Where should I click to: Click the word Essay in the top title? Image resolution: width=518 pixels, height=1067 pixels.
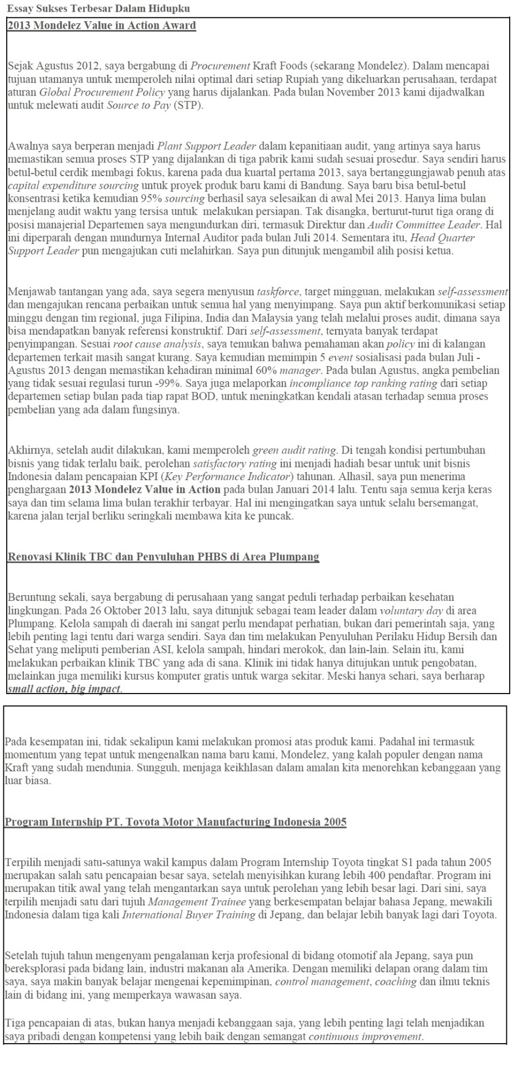(18, 8)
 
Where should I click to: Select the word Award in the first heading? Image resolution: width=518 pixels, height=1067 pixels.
(179, 26)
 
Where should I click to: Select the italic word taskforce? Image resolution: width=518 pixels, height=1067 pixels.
(278, 292)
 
